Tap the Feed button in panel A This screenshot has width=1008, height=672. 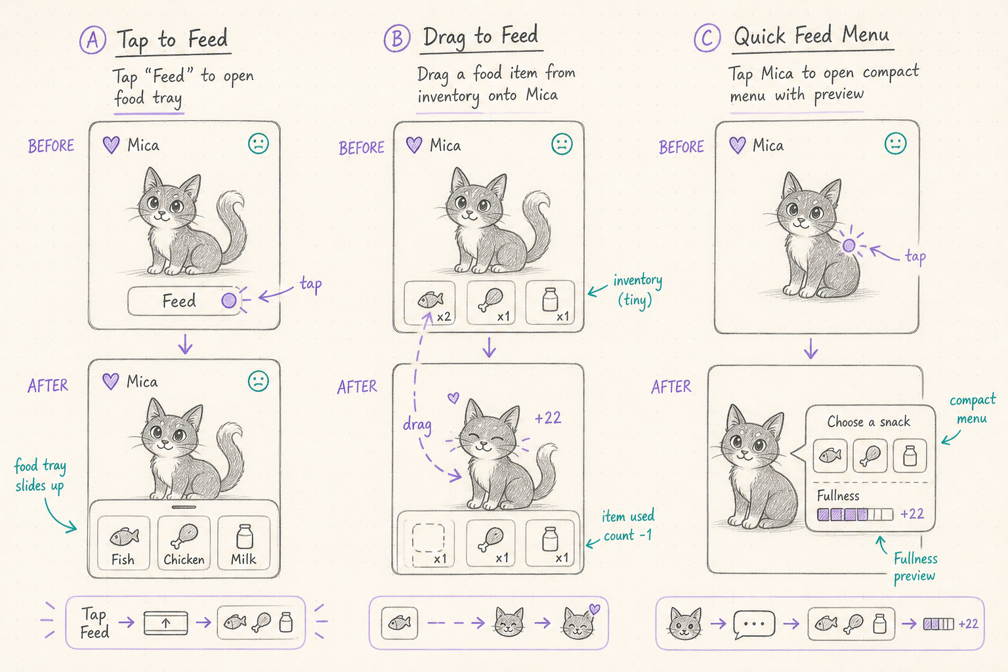pyautogui.click(x=184, y=301)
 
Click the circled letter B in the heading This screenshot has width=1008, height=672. pyautogui.click(x=397, y=38)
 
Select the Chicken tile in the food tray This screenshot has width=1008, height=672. pyautogui.click(x=184, y=543)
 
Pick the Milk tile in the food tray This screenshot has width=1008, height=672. pyautogui.click(x=244, y=543)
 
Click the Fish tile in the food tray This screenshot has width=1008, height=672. pyautogui.click(x=123, y=543)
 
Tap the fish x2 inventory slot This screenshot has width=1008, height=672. pyautogui.click(x=430, y=303)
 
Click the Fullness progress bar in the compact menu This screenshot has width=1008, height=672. pyautogui.click(x=855, y=514)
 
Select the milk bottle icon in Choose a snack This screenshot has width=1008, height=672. pyautogui.click(x=910, y=455)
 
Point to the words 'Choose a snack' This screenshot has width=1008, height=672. pyautogui.click(x=868, y=422)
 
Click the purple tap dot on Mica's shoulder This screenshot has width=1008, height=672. pyautogui.click(x=849, y=245)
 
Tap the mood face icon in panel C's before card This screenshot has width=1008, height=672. pyautogui.click(x=895, y=144)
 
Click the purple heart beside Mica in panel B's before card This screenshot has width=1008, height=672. pyautogui.click(x=414, y=145)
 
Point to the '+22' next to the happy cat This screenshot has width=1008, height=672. pyautogui.click(x=548, y=418)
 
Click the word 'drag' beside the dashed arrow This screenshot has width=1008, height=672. pyautogui.click(x=417, y=425)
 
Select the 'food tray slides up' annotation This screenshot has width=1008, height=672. pyautogui.click(x=40, y=476)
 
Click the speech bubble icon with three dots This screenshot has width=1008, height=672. pyautogui.click(x=754, y=625)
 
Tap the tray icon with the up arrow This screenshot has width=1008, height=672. pyautogui.click(x=165, y=623)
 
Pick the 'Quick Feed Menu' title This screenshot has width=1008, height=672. pyautogui.click(x=811, y=35)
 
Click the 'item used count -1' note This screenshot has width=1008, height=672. pyautogui.click(x=628, y=526)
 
